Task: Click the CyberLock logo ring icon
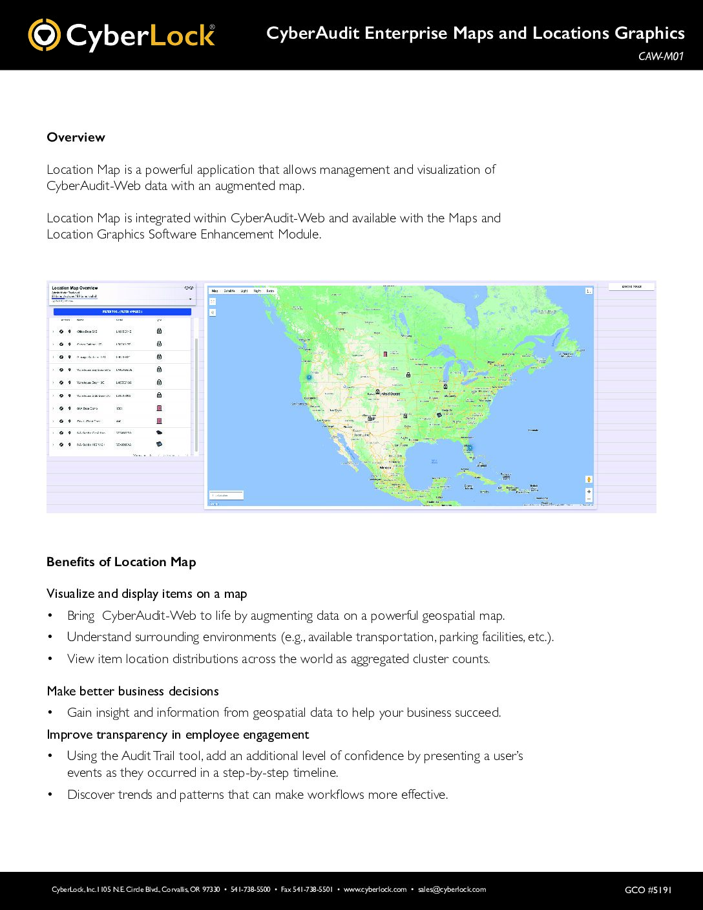pyautogui.click(x=44, y=35)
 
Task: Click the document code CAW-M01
pyautogui.click(x=660, y=56)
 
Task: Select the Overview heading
pyautogui.click(x=76, y=137)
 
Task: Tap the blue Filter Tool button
pyautogui.click(x=122, y=312)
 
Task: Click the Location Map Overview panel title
pyautogui.click(x=75, y=288)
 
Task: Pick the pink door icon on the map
pyautogui.click(x=385, y=354)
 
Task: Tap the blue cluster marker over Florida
pyautogui.click(x=470, y=447)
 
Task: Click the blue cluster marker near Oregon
pyautogui.click(x=309, y=377)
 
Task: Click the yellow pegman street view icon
pyautogui.click(x=589, y=479)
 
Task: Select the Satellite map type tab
pyautogui.click(x=229, y=291)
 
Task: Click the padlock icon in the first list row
pyautogui.click(x=159, y=331)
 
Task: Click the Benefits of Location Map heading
pyautogui.click(x=121, y=562)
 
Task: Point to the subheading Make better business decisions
pyautogui.click(x=132, y=691)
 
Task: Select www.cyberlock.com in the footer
pyautogui.click(x=375, y=889)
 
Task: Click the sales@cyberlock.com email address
pyautogui.click(x=452, y=889)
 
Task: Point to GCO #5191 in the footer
pyautogui.click(x=648, y=890)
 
